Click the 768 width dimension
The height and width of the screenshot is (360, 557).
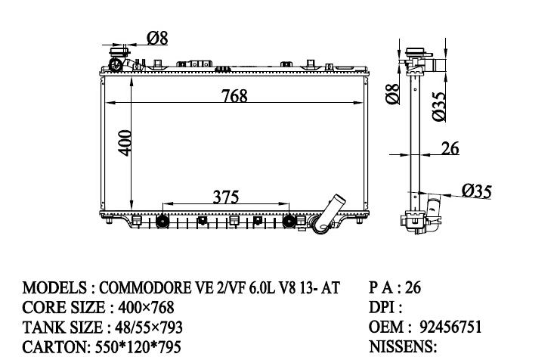234,96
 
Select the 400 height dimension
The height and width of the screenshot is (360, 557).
125,143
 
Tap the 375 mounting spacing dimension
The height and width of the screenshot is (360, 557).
226,197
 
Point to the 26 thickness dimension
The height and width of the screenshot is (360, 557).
450,148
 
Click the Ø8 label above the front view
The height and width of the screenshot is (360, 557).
157,38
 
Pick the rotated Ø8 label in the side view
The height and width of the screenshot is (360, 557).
393,95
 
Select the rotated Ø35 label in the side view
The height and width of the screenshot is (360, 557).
438,107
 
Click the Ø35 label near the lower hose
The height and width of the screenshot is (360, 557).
477,191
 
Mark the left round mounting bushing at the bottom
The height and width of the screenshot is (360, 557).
162,222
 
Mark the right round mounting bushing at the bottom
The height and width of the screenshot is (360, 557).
289,222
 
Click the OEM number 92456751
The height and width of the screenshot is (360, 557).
450,327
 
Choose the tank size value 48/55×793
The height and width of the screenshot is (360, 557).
148,327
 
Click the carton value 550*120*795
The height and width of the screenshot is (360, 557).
138,346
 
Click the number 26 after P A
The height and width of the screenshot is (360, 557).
413,287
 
